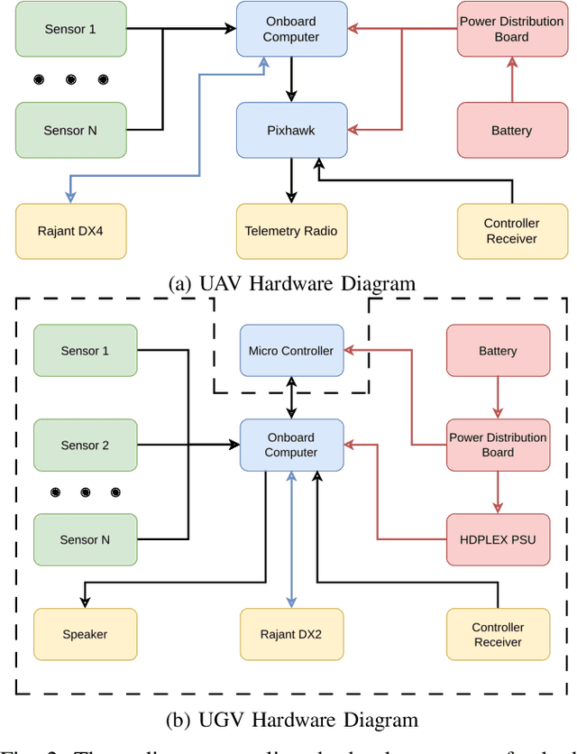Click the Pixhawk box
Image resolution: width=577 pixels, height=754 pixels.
click(290, 130)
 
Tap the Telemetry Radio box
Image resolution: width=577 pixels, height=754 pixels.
click(290, 230)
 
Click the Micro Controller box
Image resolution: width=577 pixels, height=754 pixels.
click(290, 351)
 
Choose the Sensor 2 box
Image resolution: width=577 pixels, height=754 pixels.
click(85, 445)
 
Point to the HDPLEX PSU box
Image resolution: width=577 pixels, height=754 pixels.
click(498, 539)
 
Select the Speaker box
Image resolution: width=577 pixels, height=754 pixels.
click(85, 634)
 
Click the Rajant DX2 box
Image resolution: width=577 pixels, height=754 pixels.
click(290, 634)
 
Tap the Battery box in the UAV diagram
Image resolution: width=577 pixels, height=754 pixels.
click(511, 130)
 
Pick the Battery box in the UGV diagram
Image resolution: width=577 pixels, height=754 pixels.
click(498, 351)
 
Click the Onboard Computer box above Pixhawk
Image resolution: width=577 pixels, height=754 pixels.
click(290, 30)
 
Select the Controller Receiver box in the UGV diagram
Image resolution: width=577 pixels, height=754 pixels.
click(498, 634)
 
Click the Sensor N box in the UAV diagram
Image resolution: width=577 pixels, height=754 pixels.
click(70, 130)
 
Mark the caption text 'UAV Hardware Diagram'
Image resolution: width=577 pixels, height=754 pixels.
click(291, 283)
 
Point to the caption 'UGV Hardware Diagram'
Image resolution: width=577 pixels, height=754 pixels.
click(291, 719)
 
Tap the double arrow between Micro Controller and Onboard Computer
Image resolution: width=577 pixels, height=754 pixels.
click(290, 398)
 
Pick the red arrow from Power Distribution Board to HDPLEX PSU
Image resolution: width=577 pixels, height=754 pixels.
click(498, 492)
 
